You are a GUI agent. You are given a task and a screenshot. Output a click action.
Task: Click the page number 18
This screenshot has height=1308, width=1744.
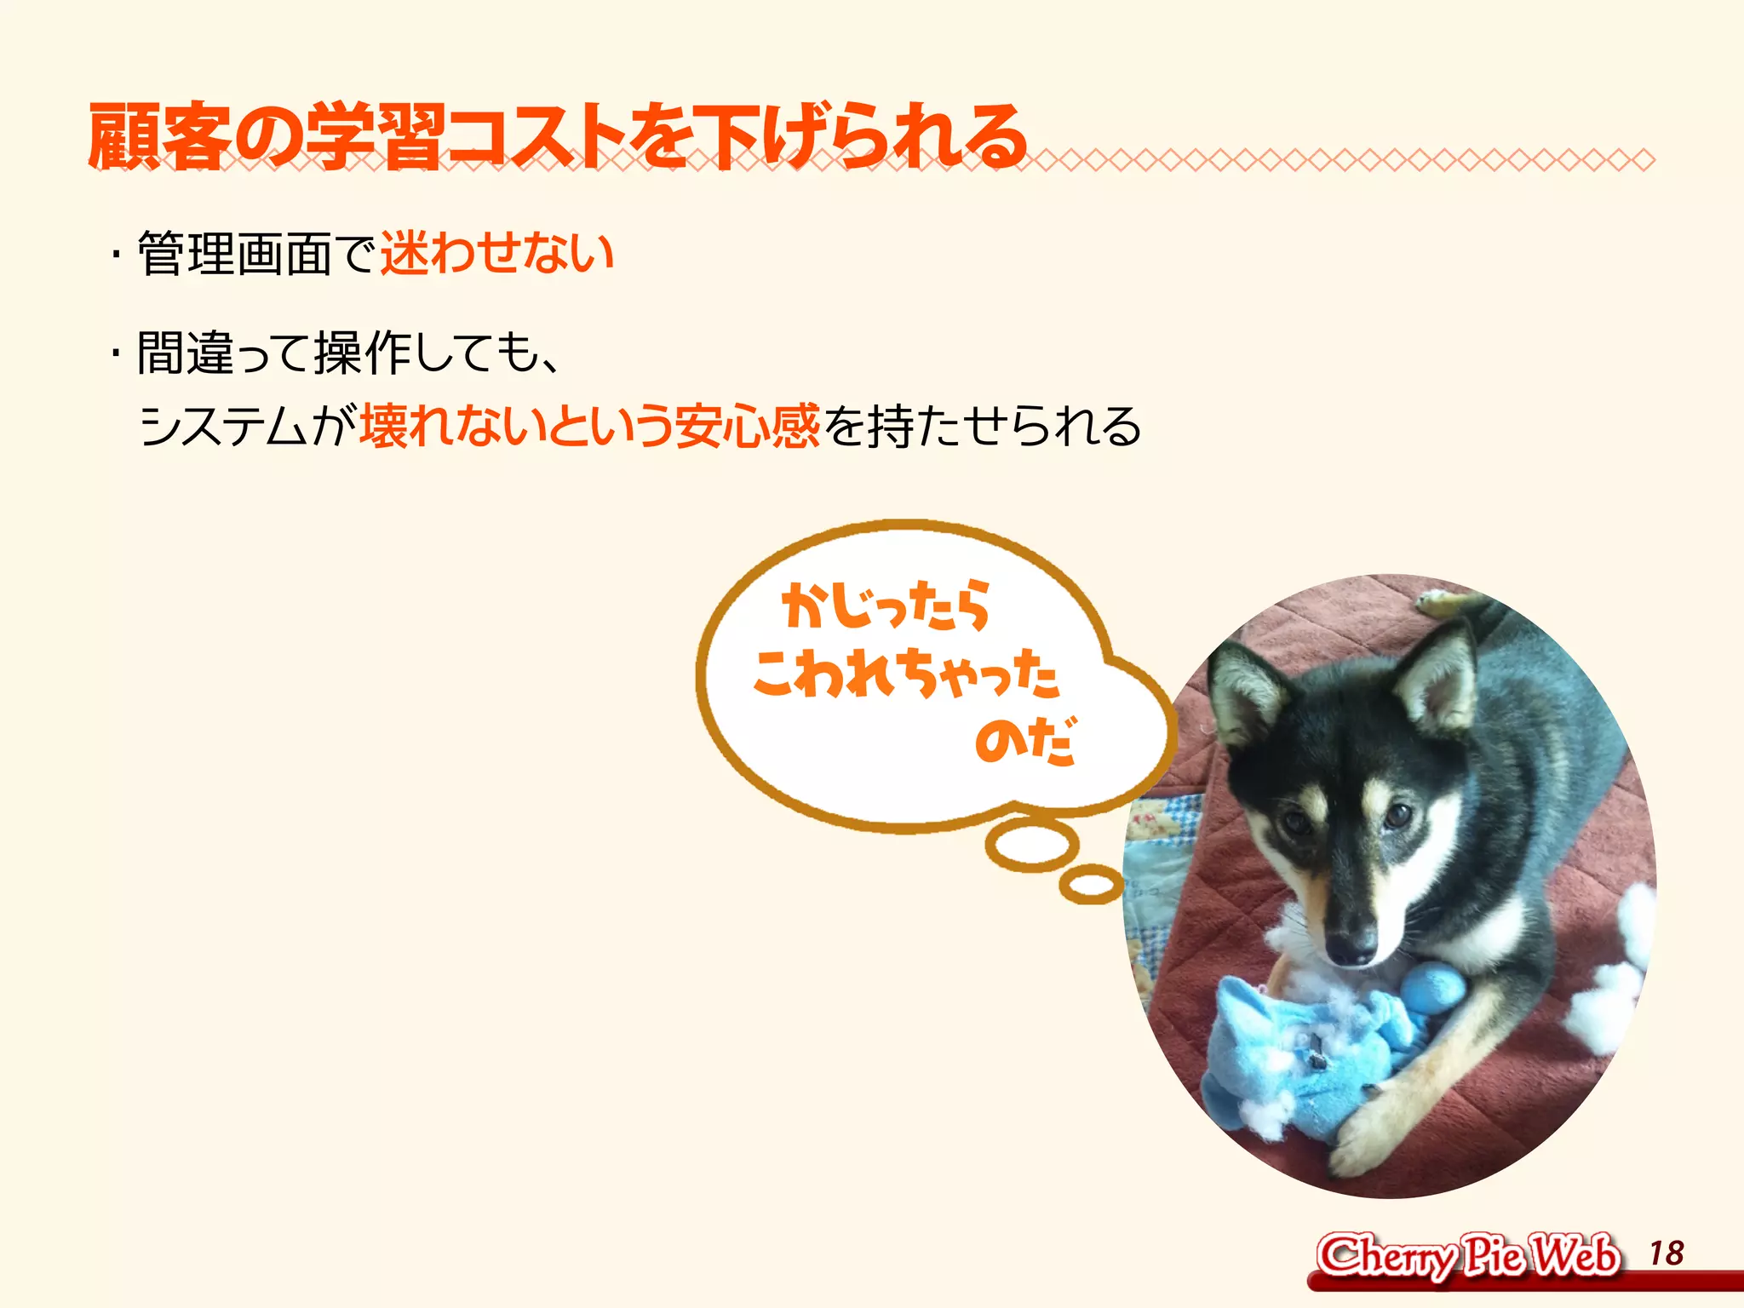coord(1666,1253)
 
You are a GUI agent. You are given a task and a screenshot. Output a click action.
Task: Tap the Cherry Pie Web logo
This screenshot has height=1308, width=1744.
coord(1467,1256)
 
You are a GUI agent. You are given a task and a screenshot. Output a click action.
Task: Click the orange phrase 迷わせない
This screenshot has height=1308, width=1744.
coord(496,253)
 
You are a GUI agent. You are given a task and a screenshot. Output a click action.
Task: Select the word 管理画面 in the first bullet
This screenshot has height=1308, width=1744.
coord(234,254)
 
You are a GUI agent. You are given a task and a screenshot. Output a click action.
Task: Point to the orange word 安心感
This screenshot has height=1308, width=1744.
coord(747,426)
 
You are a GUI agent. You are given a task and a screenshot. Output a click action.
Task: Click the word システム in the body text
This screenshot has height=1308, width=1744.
coord(223,426)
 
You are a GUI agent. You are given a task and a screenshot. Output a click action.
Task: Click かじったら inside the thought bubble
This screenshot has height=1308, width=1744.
coord(886,605)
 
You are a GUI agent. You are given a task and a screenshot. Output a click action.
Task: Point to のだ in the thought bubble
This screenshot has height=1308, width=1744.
coord(1024,740)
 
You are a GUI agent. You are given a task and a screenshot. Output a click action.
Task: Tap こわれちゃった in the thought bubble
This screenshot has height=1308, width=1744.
coord(905,673)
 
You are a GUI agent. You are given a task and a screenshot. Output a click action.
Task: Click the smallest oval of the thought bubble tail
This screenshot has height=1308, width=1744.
coord(1091,885)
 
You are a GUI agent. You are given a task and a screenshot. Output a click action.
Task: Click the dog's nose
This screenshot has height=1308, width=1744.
coord(1352,944)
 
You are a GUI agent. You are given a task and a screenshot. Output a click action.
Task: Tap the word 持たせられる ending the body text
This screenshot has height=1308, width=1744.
coord(1003,426)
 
